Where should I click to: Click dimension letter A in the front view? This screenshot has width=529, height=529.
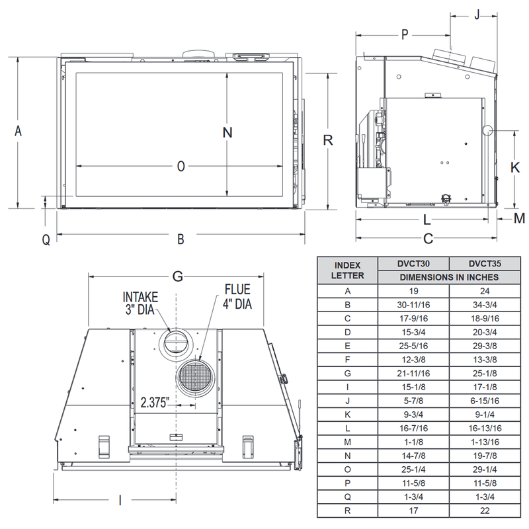click(x=19, y=132)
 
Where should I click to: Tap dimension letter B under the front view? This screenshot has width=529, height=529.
click(x=181, y=239)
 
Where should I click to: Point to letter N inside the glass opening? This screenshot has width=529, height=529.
click(x=227, y=132)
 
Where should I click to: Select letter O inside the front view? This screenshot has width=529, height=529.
click(x=181, y=167)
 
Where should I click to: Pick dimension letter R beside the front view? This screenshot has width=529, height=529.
click(x=327, y=141)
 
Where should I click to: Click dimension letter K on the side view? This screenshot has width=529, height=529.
click(x=515, y=168)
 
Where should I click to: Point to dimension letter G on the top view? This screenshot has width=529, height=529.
click(x=177, y=277)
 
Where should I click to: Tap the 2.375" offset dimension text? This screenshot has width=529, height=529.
click(x=155, y=401)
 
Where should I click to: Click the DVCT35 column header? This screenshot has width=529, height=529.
click(x=483, y=263)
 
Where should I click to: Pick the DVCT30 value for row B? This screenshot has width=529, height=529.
click(x=413, y=305)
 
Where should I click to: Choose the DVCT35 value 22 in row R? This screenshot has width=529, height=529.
click(x=483, y=510)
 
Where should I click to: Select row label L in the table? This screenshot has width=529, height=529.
click(x=347, y=428)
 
